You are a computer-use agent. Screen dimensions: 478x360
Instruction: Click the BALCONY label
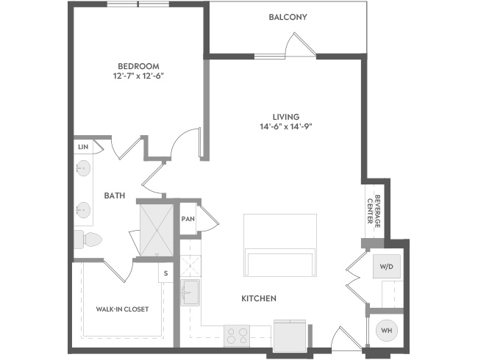click(x=288, y=17)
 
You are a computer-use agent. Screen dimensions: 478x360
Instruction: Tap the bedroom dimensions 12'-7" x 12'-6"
click(x=139, y=76)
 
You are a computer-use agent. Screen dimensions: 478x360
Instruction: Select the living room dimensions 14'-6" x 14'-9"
click(x=286, y=126)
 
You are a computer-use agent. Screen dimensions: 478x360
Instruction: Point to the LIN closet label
click(x=83, y=147)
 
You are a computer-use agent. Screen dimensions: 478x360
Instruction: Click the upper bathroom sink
click(x=82, y=168)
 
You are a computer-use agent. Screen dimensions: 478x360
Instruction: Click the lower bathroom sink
click(x=82, y=210)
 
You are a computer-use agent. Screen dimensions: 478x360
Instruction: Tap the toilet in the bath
click(x=88, y=239)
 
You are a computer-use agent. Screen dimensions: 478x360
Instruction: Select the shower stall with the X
click(x=157, y=230)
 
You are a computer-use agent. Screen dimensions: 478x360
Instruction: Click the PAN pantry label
click(x=188, y=219)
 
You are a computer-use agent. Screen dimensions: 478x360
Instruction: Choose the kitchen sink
click(x=190, y=292)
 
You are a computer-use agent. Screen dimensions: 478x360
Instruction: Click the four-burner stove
click(x=237, y=336)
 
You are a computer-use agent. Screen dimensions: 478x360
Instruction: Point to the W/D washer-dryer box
click(x=387, y=267)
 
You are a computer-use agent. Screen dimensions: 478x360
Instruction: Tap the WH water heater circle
click(x=387, y=330)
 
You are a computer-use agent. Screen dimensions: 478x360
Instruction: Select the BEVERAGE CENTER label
click(x=374, y=212)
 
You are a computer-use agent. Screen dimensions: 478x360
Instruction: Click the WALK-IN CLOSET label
click(x=122, y=309)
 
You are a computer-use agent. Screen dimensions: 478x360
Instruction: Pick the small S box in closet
click(x=165, y=273)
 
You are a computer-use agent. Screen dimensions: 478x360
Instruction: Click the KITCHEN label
click(x=259, y=298)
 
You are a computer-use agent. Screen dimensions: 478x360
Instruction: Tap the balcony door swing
click(x=299, y=45)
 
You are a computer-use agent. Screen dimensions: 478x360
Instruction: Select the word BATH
click(x=115, y=195)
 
